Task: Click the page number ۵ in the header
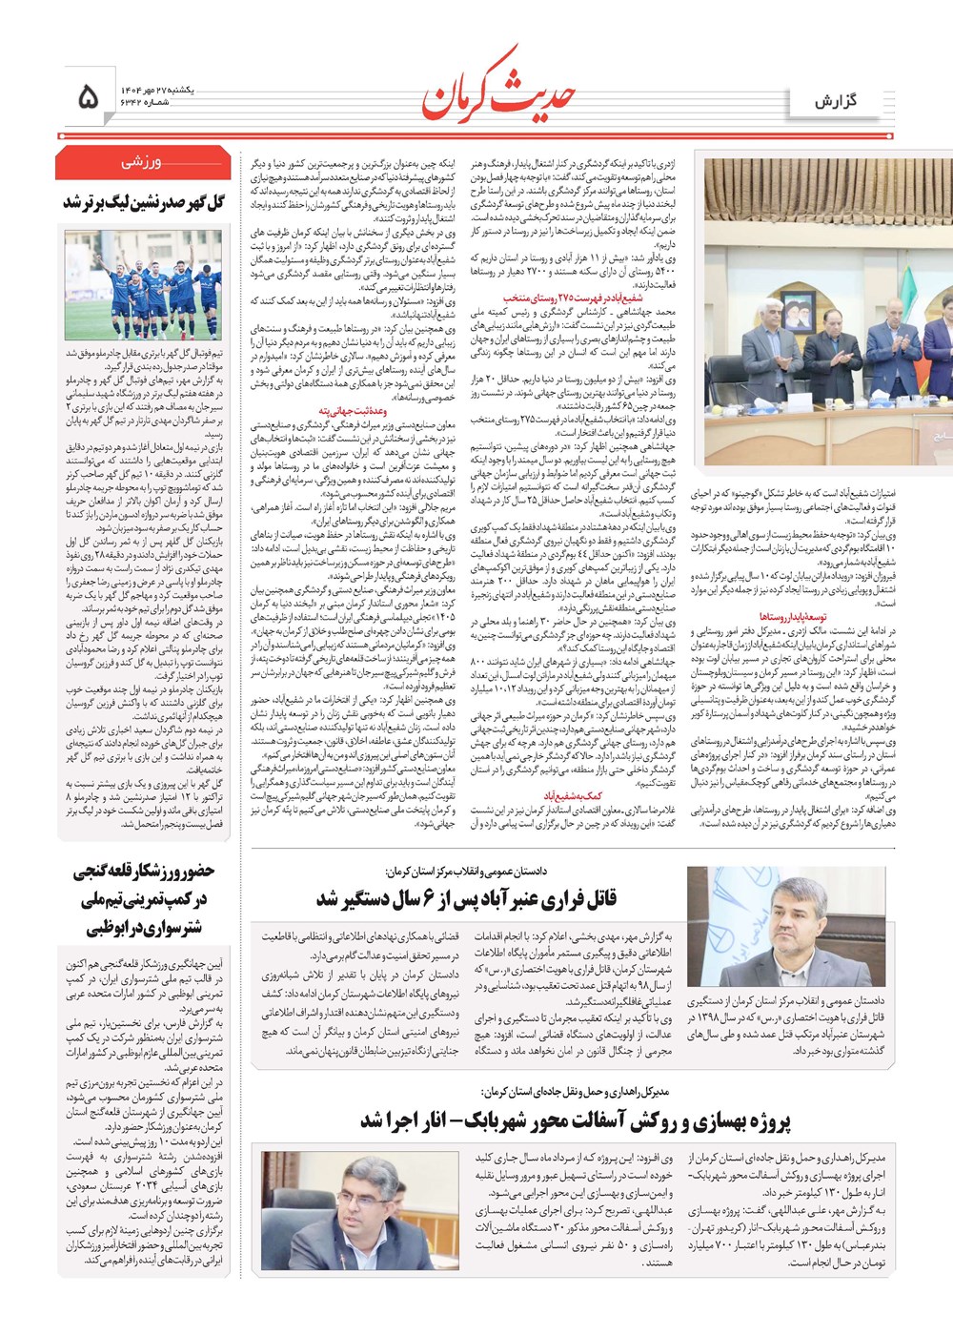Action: tap(89, 96)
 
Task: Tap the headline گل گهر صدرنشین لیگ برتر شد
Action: tap(144, 203)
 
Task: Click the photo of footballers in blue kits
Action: tap(143, 284)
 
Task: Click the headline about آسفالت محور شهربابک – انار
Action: tap(576, 1121)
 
